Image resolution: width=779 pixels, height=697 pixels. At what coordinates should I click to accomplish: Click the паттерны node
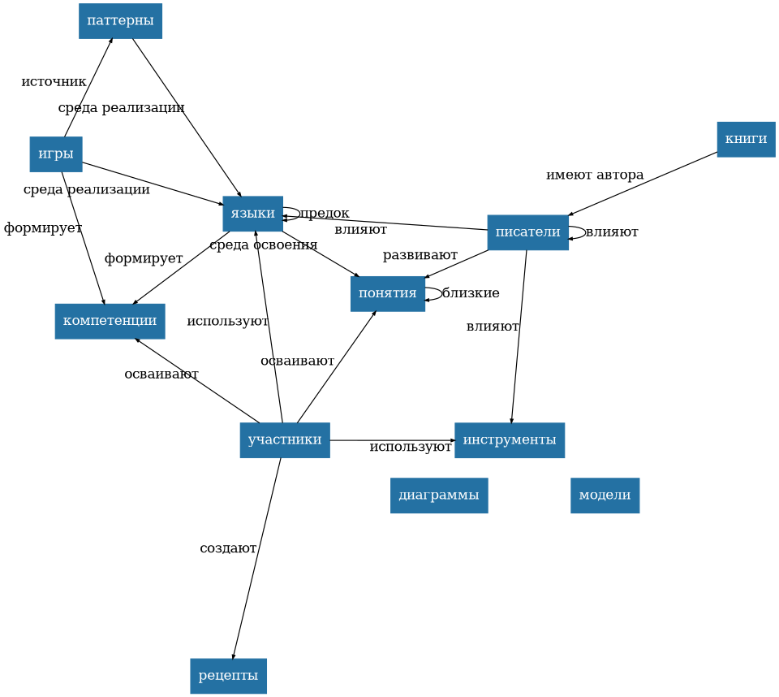pos(120,21)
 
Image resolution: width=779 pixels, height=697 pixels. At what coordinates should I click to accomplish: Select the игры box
pos(56,154)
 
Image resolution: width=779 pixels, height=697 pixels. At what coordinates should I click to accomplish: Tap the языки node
pos(252,214)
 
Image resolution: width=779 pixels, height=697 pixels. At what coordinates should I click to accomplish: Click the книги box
pos(746,139)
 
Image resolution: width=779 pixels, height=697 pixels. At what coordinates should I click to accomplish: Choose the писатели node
pos(527,232)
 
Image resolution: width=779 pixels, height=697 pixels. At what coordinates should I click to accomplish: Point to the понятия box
pos(387,293)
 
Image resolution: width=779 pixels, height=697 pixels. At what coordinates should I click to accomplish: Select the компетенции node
pos(110,321)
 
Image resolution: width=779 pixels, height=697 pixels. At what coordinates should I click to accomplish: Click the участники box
pos(284,440)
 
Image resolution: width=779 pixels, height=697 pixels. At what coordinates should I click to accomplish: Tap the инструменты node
pos(509,440)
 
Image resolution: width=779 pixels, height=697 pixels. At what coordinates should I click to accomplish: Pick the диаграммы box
pos(438,496)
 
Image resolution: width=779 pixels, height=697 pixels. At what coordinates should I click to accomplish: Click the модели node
pos(605,496)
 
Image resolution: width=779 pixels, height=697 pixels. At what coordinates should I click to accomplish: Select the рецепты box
pos(228,676)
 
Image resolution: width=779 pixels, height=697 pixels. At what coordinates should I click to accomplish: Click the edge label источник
pos(54,82)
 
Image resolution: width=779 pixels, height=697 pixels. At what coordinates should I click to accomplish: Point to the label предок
pos(325,214)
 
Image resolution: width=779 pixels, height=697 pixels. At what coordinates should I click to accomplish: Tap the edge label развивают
pos(420,255)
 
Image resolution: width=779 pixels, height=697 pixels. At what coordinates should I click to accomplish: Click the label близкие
pos(471,293)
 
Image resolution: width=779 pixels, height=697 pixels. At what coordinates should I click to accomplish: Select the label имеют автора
pos(594,175)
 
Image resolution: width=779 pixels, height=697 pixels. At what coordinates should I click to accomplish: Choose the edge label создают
pos(228,548)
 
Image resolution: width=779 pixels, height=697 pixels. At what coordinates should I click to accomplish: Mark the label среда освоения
pos(263,245)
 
